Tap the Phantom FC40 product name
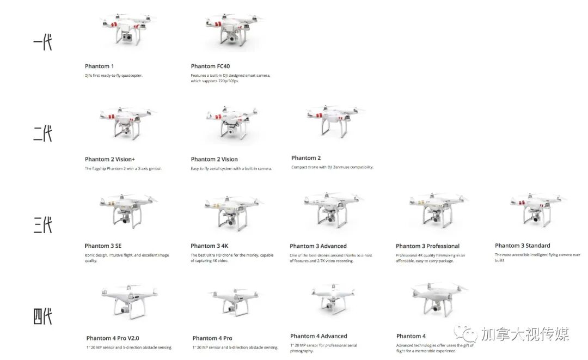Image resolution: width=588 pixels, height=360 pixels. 210,66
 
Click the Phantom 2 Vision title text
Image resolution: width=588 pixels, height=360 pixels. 214,160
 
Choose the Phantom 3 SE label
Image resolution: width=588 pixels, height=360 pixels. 103,246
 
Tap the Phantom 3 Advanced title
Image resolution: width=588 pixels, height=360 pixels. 318,246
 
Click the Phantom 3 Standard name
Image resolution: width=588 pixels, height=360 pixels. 522,246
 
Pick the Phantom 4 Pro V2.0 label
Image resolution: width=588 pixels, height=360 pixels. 112,338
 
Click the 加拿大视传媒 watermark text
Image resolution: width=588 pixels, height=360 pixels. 524,333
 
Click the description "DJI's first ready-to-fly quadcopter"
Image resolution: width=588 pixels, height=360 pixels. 113,76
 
